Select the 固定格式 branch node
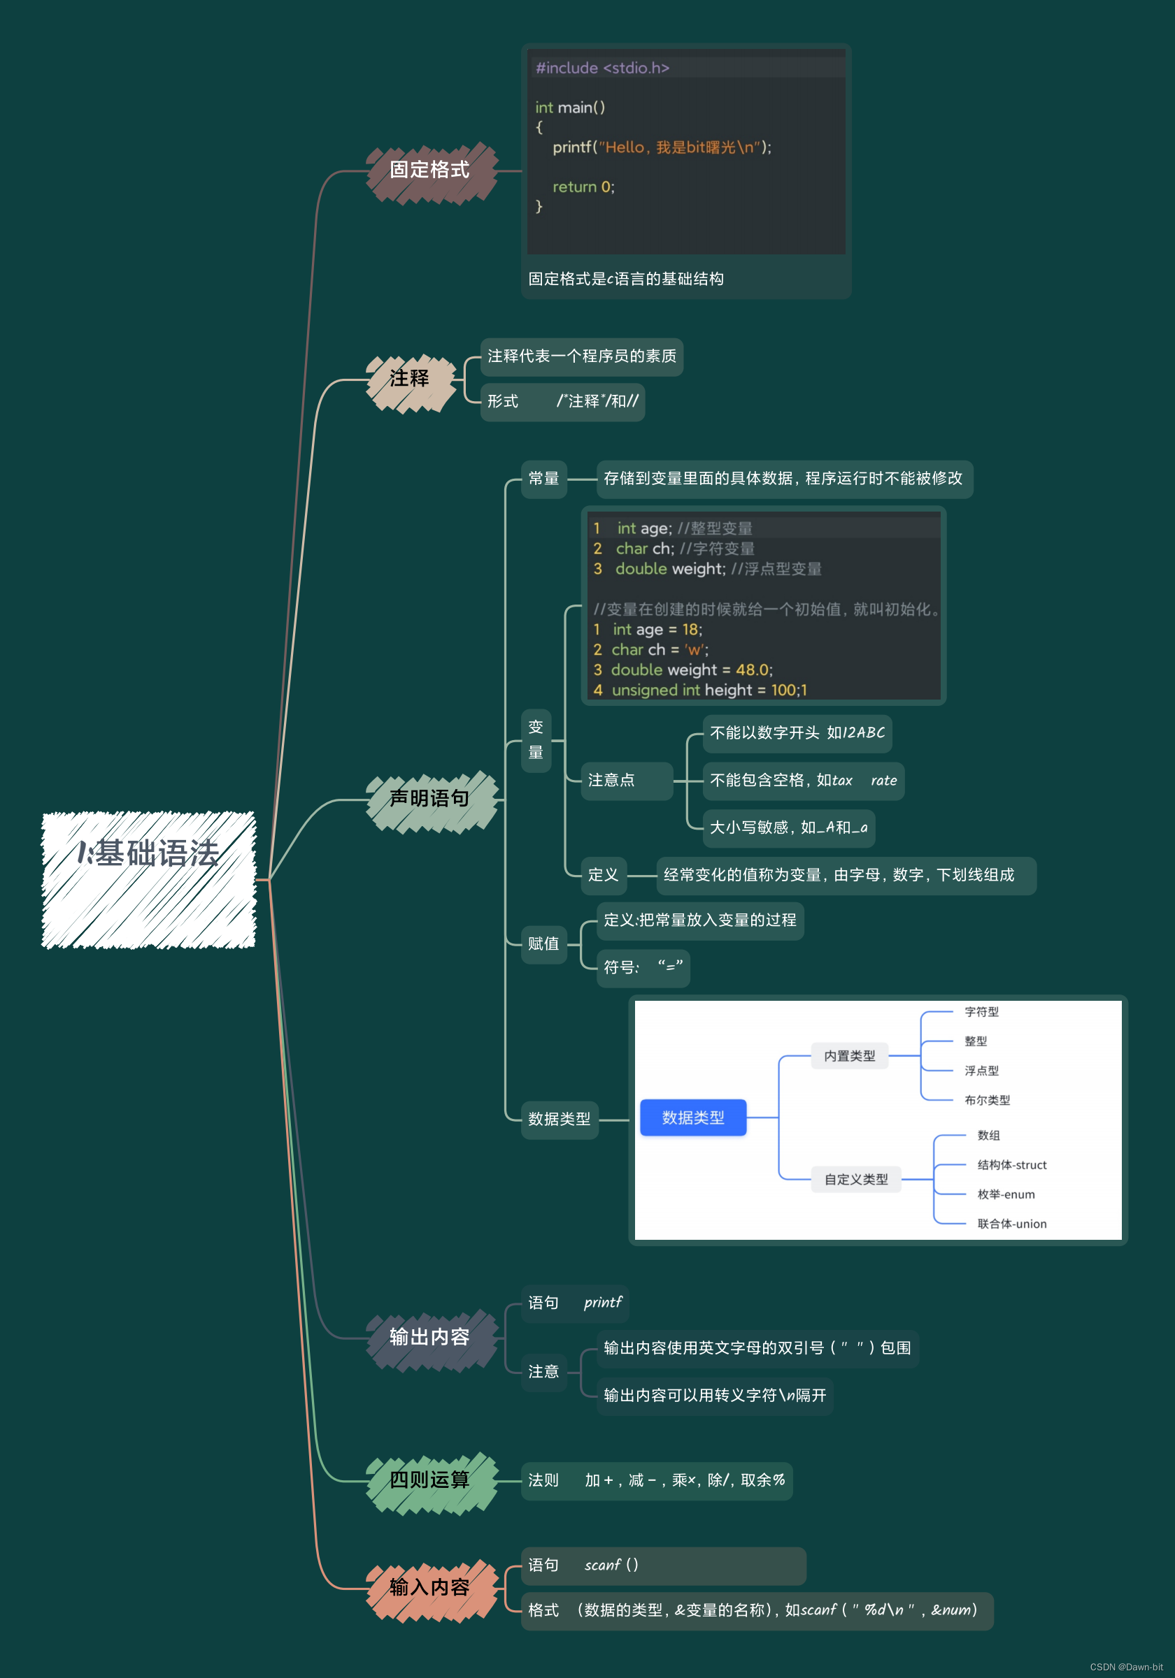click(430, 171)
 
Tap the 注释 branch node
click(409, 379)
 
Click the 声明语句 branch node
click(430, 800)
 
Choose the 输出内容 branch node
click(430, 1338)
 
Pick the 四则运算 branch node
click(430, 1481)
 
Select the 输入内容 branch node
click(430, 1588)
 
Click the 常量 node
click(543, 479)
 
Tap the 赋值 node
click(543, 944)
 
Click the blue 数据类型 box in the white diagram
click(692, 1118)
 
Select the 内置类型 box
click(850, 1056)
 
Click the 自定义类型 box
click(856, 1180)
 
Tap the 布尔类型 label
click(987, 1101)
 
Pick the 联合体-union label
click(1012, 1224)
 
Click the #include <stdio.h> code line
click(602, 68)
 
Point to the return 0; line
click(583, 187)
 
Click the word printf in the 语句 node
click(602, 1302)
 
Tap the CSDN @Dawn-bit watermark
click(1126, 1667)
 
